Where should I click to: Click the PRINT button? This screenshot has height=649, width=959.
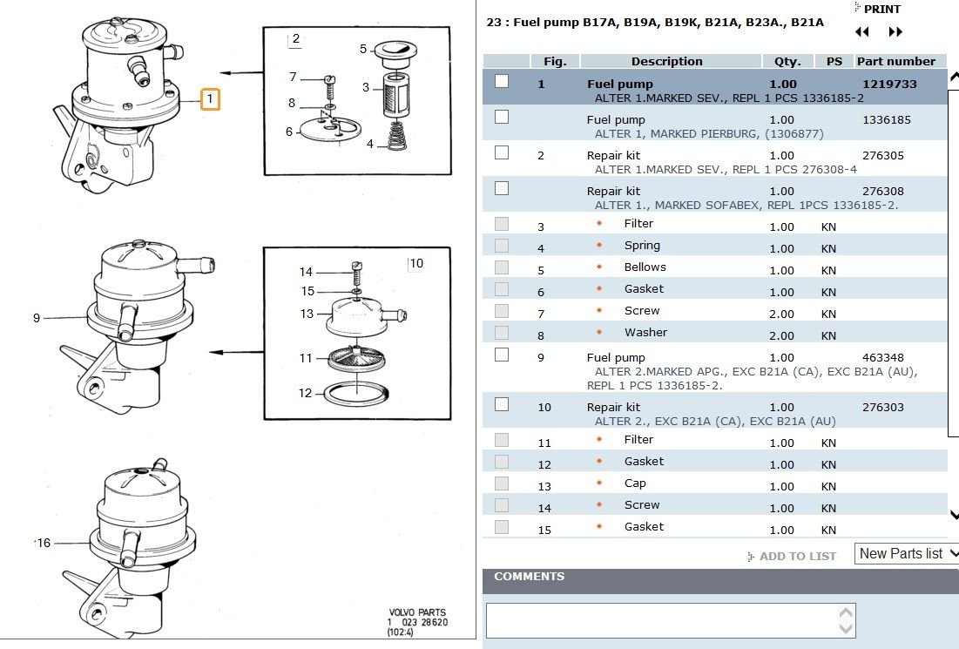(x=877, y=10)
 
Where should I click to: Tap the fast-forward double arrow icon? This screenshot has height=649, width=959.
(x=895, y=32)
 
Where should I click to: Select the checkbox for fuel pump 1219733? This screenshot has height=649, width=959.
(x=502, y=81)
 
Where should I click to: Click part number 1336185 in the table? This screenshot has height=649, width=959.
(x=886, y=120)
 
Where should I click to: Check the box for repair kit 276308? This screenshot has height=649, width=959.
(x=502, y=188)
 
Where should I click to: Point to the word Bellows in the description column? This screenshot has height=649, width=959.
(x=645, y=267)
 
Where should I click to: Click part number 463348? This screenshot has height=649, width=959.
(x=882, y=357)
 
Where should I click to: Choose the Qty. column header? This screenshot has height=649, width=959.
(x=787, y=61)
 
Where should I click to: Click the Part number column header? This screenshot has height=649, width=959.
(x=896, y=61)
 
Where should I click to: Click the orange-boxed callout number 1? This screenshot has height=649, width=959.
(x=210, y=98)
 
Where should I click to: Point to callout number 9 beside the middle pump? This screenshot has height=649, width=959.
(x=37, y=318)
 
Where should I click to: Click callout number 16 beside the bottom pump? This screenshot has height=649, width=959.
(x=44, y=543)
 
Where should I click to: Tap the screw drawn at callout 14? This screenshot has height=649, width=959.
(x=357, y=273)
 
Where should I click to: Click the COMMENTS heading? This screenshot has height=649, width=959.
(x=529, y=576)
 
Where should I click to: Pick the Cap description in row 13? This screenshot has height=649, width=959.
(x=635, y=483)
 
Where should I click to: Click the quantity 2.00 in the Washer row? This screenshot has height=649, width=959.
(x=781, y=335)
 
